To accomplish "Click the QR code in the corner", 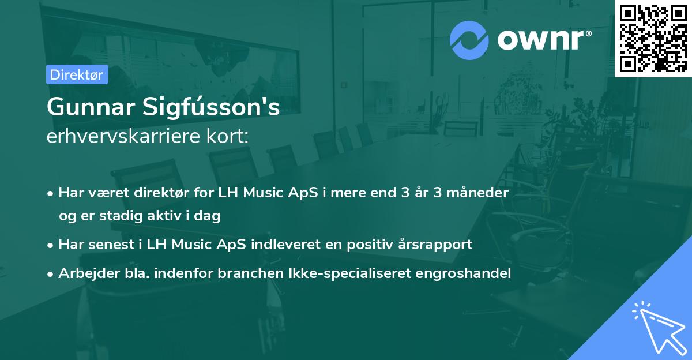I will coord(653,38).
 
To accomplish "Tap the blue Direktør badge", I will coord(77,74).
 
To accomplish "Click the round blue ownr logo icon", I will coord(469,40).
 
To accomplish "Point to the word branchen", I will coord(243,273).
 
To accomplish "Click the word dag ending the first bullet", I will coord(209,216).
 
